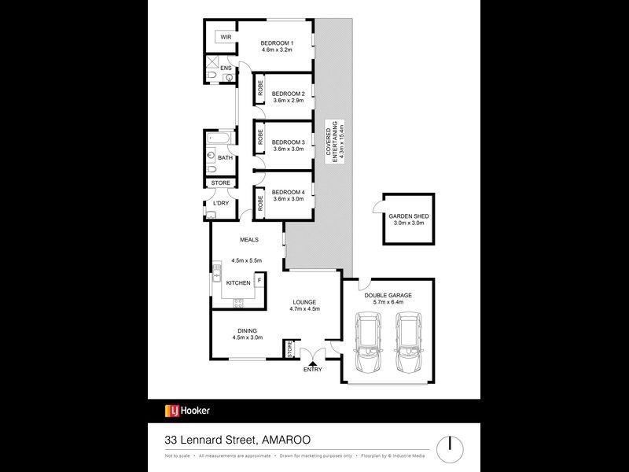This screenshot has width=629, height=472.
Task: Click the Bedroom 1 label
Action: click(277, 42)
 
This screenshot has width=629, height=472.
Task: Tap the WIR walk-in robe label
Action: click(225, 37)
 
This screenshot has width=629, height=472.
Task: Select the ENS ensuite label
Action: click(226, 68)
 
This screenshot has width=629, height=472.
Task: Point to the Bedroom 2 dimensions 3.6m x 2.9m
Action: click(288, 100)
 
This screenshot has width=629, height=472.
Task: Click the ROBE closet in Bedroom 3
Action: click(260, 140)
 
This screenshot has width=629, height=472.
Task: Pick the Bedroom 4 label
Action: click(288, 192)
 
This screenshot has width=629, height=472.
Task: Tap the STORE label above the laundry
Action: click(220, 183)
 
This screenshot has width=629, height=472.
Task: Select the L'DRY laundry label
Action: click(221, 203)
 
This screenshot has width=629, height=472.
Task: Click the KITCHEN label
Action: click(238, 282)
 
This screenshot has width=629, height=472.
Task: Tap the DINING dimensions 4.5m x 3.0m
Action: click(247, 337)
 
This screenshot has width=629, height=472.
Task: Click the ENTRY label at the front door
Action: click(312, 370)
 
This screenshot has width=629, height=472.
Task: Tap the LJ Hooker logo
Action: click(187, 410)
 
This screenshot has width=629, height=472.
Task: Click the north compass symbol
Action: click(451, 443)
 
